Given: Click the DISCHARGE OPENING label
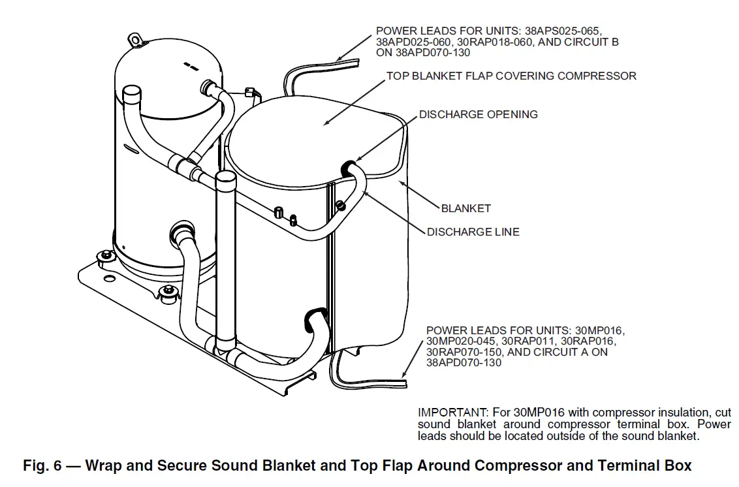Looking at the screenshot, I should [478, 114].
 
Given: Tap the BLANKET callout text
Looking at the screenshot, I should [465, 209].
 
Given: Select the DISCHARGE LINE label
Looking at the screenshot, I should [473, 232].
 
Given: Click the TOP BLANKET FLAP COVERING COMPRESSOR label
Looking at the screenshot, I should [511, 76].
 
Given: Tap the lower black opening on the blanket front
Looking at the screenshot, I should [315, 317].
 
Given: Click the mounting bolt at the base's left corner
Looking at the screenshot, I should [102, 257].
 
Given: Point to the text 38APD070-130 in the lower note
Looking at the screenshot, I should [464, 362].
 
